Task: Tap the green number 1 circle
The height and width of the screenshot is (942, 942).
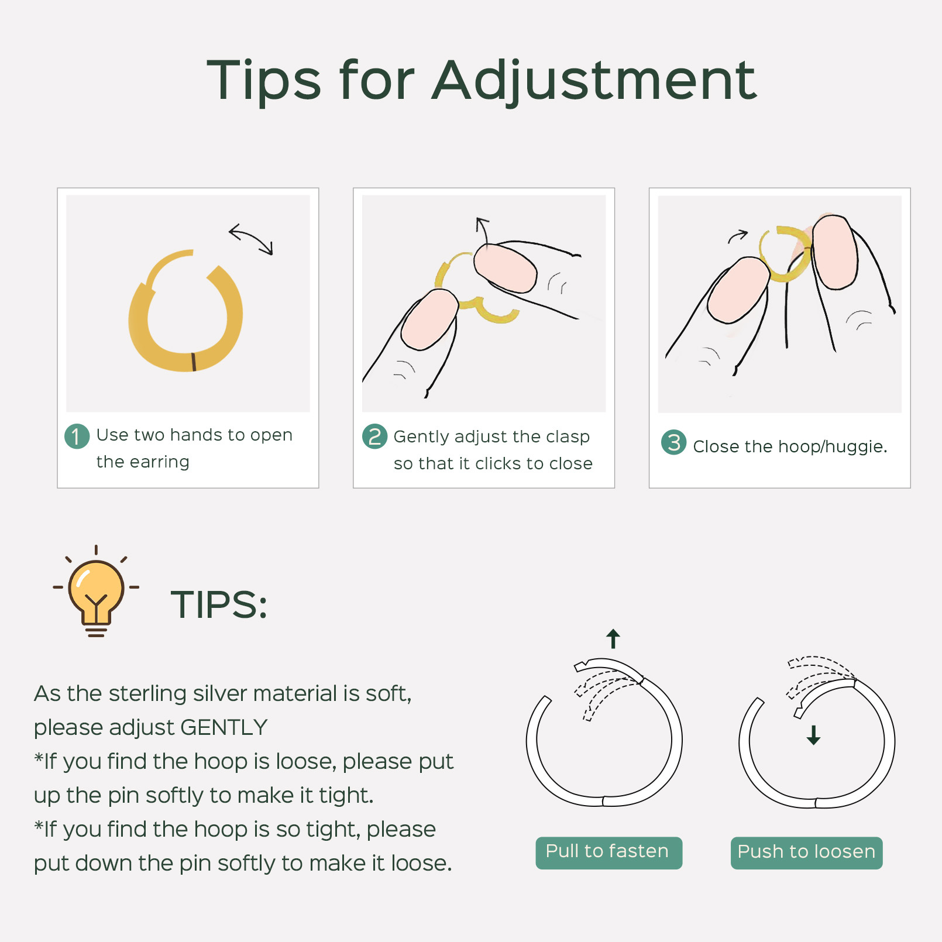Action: [77, 436]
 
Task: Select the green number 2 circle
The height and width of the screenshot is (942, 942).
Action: [374, 436]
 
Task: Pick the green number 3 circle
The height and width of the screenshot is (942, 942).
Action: [673, 442]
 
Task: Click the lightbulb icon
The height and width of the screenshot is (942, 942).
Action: [96, 591]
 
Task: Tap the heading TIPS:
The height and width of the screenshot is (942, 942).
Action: [219, 604]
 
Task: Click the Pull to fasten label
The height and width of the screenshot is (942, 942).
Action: [608, 852]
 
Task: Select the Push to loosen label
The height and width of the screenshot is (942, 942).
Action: [806, 852]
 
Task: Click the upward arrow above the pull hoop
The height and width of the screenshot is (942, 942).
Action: [613, 639]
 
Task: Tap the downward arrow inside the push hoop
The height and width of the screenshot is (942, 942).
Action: [813, 735]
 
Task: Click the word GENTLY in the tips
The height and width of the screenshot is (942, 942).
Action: [224, 727]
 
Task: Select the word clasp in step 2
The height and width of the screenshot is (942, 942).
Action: [568, 437]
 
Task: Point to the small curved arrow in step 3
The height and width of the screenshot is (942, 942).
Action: [737, 236]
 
